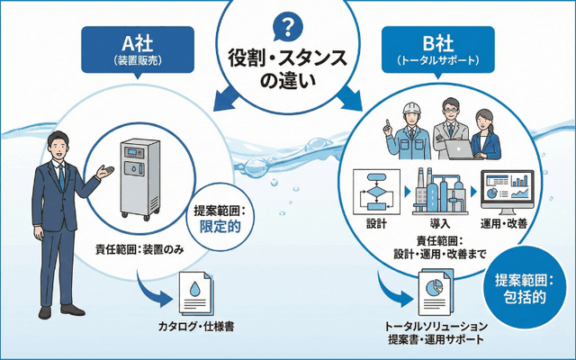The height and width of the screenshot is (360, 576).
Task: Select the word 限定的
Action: [x=220, y=227]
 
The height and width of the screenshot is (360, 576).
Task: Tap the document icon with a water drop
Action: [x=196, y=294]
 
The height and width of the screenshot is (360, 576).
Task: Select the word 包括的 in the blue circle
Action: [x=526, y=296]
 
